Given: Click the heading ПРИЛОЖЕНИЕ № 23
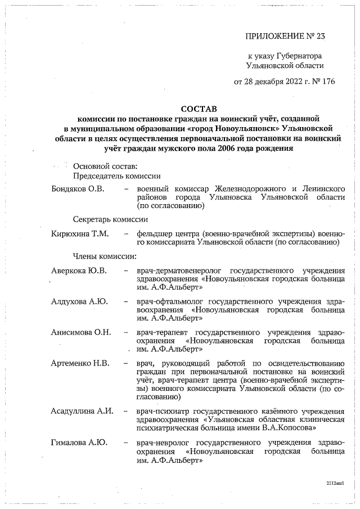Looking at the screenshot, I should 285,36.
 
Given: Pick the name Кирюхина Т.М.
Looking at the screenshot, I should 79,233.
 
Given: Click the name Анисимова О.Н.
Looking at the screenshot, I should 80,332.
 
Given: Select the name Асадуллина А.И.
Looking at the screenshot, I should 82,411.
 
